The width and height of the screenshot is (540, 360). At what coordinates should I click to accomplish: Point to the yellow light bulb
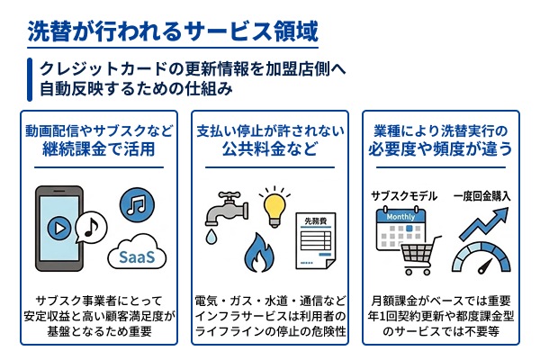point(276,202)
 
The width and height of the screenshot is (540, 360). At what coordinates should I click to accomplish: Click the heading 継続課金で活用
point(99,148)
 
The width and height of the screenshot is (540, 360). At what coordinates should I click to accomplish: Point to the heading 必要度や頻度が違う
point(441,148)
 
